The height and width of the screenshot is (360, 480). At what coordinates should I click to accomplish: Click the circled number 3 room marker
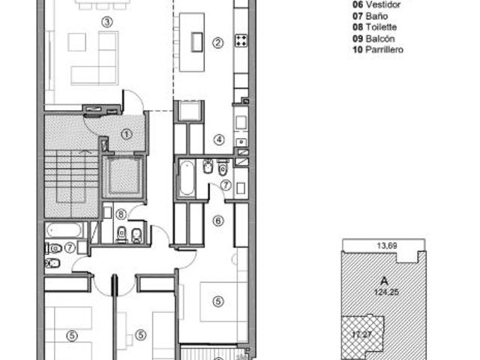tap(106, 22)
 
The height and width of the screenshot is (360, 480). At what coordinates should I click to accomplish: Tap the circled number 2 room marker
tap(217, 43)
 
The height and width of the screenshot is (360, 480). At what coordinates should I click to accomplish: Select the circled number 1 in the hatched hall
tap(127, 134)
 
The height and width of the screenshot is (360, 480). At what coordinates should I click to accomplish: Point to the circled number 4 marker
tap(219, 140)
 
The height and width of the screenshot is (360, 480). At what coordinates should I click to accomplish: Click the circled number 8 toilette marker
tap(121, 214)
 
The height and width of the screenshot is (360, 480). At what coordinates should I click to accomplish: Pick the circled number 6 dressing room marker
tap(218, 220)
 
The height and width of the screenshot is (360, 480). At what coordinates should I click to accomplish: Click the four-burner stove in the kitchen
tap(241, 40)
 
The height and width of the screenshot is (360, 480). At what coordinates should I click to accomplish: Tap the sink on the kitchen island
tap(196, 42)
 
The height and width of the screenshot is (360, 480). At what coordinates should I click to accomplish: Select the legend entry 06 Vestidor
tap(376, 4)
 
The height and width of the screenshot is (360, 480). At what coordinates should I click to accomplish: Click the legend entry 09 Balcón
tap(373, 38)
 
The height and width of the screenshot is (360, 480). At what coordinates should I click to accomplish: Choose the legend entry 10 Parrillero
tap(378, 49)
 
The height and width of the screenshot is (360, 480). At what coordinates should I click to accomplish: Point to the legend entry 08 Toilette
tap(375, 27)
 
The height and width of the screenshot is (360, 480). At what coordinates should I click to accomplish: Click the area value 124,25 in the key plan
tap(387, 292)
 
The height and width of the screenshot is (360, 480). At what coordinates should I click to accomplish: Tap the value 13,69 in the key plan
tap(387, 245)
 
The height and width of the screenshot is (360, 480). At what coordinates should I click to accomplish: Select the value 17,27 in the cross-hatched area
tap(361, 334)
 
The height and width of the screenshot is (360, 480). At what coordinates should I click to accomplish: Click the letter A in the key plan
tap(384, 280)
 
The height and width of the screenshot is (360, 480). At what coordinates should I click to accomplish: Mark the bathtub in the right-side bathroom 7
tap(187, 178)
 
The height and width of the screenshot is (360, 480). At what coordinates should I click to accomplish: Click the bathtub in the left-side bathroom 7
tap(64, 230)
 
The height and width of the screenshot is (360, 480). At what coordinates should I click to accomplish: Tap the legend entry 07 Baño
tap(370, 16)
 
